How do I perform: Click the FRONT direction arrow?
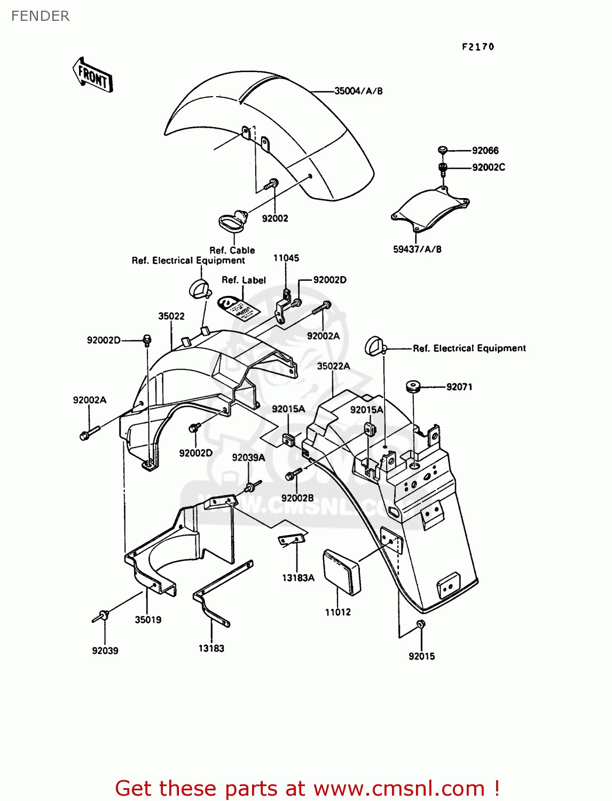tap(93, 75)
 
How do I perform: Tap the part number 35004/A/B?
tap(358, 91)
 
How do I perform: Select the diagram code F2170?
tap(478, 47)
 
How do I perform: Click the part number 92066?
tap(485, 151)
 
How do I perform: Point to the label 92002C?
tap(488, 167)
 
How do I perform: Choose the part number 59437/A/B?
tap(417, 249)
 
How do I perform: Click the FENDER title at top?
tap(40, 16)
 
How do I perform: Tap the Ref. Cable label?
tap(232, 250)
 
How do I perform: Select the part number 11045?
tap(286, 258)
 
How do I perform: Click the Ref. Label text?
tap(244, 280)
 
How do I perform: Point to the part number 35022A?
tap(333, 366)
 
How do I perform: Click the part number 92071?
tap(459, 387)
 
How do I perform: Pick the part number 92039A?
tap(248, 457)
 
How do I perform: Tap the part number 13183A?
tap(298, 577)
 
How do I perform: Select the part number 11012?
tap(338, 612)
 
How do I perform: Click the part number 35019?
tap(148, 619)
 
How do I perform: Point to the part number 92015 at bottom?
tap(421, 656)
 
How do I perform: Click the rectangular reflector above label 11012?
tap(342, 571)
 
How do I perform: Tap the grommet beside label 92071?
tap(412, 386)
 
